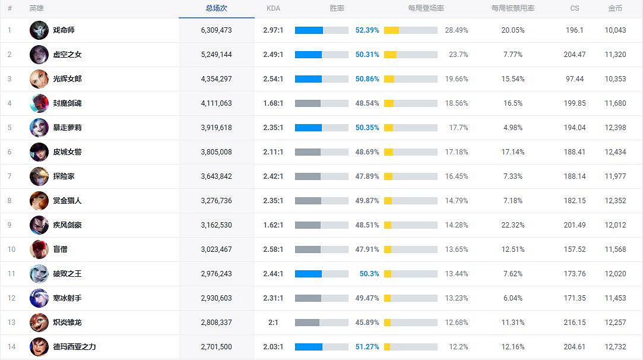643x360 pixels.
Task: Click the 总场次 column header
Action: point(216,8)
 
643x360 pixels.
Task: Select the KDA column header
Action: point(273,8)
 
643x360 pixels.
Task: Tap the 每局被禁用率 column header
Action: point(512,8)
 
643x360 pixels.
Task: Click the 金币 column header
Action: point(615,8)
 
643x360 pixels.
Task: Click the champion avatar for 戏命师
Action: point(39,30)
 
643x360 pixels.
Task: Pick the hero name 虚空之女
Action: point(67,55)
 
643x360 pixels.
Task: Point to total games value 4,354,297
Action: point(216,79)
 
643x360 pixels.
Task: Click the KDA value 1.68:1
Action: point(273,103)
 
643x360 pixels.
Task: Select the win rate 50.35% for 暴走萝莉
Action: point(367,128)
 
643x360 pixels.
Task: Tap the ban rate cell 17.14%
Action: point(512,152)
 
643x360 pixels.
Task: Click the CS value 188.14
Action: point(574,176)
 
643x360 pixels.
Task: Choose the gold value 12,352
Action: point(615,201)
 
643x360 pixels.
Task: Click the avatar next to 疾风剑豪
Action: point(39,225)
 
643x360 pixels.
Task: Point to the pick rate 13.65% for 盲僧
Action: point(456,250)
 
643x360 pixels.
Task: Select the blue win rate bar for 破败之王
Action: point(308,274)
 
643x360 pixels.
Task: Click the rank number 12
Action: point(11,298)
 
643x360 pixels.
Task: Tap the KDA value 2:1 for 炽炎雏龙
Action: point(273,323)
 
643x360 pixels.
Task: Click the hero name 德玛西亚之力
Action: point(74,347)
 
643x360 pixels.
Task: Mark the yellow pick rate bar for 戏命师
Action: point(391,30)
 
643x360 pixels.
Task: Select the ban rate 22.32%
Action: point(512,225)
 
